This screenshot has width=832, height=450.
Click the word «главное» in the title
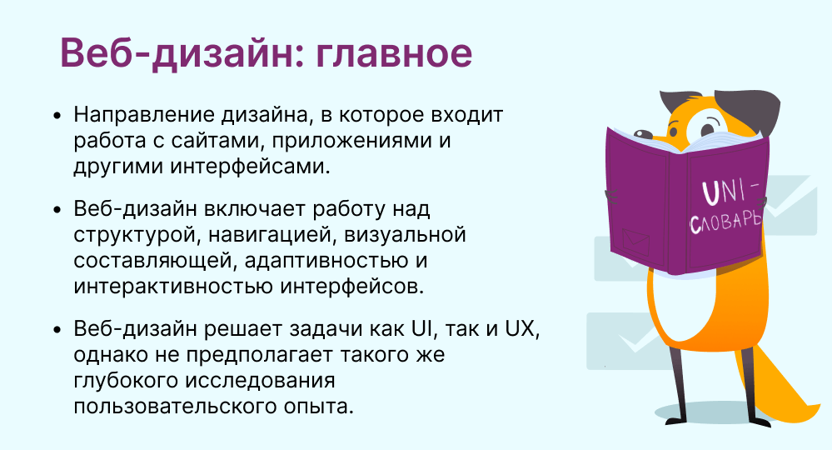pyautogui.click(x=394, y=53)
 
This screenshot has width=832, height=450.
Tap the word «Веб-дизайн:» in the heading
pyautogui.click(x=182, y=53)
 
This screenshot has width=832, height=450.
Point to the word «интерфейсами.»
pyautogui.click(x=250, y=167)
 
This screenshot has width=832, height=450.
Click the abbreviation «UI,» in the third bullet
pyautogui.click(x=424, y=329)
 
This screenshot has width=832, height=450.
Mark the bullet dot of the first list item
pyautogui.click(x=57, y=116)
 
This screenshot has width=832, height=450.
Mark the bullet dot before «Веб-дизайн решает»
pyautogui.click(x=57, y=329)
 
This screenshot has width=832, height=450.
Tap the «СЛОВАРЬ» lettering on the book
pyautogui.click(x=725, y=221)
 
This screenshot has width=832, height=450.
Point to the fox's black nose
pyautogui.click(x=643, y=133)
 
